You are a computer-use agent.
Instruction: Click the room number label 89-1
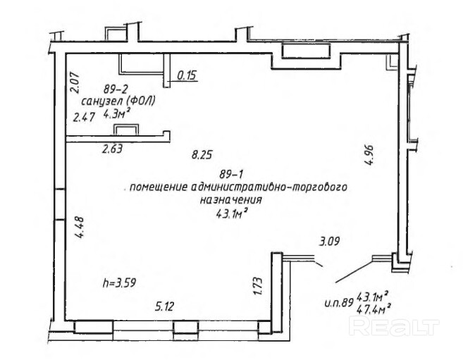231,175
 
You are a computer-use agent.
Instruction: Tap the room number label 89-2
116,88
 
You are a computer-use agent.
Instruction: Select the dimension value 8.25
202,154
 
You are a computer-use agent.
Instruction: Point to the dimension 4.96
369,155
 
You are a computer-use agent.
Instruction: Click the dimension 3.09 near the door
329,242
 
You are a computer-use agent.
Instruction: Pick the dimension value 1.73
258,285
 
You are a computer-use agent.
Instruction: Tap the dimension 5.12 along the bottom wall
164,307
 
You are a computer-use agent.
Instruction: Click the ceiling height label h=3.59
119,283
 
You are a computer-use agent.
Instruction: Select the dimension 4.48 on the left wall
79,228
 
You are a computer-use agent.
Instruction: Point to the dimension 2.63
112,149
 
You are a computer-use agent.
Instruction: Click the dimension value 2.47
84,118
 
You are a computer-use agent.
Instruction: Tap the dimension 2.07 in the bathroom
75,82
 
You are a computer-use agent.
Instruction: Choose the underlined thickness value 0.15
187,75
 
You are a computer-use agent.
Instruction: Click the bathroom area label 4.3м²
117,113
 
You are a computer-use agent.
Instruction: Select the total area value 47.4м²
374,309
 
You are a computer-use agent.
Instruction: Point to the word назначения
231,200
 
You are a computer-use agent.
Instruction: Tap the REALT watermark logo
394,325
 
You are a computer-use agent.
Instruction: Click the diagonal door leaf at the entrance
354,271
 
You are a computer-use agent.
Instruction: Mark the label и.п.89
339,303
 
